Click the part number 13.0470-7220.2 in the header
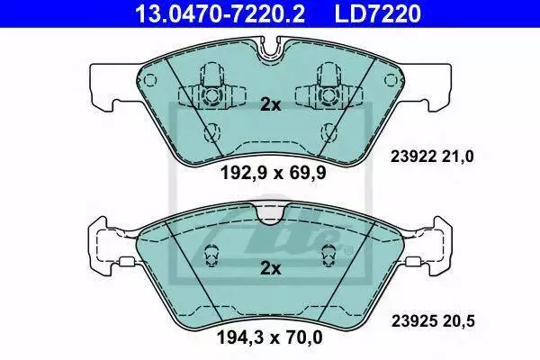[220, 13]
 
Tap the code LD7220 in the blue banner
[377, 13]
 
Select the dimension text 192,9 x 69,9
[273, 173]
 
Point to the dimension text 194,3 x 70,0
[270, 337]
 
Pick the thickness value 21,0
[458, 157]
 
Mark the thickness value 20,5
[459, 321]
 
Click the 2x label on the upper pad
[270, 104]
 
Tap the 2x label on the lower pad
[270, 268]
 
